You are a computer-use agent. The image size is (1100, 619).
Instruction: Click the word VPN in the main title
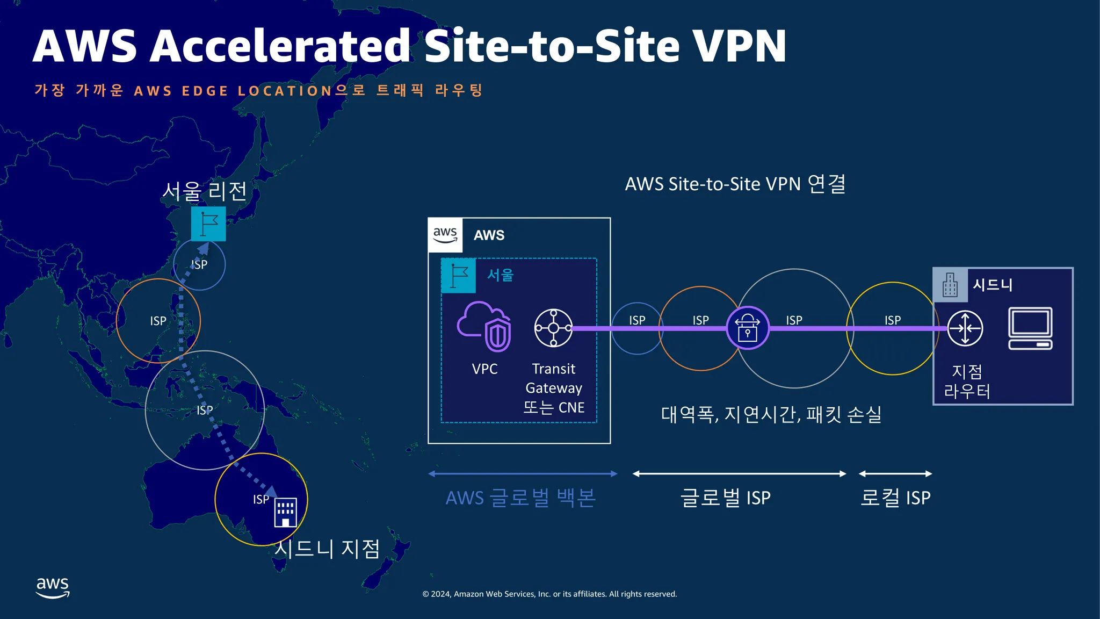(739, 46)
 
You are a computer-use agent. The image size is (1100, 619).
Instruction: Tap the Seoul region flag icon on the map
(208, 224)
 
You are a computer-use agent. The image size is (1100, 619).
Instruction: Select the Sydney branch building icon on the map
(285, 513)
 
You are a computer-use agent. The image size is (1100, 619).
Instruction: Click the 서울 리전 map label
(205, 191)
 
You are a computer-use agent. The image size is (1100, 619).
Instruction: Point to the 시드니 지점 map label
(327, 549)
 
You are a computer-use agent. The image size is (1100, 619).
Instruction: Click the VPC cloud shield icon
(484, 327)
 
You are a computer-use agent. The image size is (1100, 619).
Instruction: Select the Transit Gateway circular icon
(553, 328)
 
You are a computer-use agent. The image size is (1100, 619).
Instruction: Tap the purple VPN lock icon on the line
(747, 328)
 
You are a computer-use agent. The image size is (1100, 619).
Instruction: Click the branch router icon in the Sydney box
(965, 328)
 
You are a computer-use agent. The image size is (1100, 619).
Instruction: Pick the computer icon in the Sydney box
(1030, 328)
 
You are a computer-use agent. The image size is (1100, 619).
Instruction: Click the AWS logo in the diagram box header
(445, 235)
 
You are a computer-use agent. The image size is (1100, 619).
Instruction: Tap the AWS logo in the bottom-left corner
(53, 587)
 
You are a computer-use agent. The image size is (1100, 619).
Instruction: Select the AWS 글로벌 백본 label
(520, 498)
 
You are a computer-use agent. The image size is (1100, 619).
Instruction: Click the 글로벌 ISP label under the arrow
(725, 498)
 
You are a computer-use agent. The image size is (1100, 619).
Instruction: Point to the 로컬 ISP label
(895, 498)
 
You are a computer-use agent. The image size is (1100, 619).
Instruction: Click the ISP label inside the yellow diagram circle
(893, 320)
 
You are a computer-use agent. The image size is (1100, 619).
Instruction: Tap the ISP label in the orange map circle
(158, 321)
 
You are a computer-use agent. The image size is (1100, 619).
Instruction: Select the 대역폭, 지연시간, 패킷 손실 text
(771, 414)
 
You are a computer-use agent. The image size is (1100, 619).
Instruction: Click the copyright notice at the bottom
(549, 594)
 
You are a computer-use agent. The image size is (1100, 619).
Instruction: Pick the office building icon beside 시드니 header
(950, 285)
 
